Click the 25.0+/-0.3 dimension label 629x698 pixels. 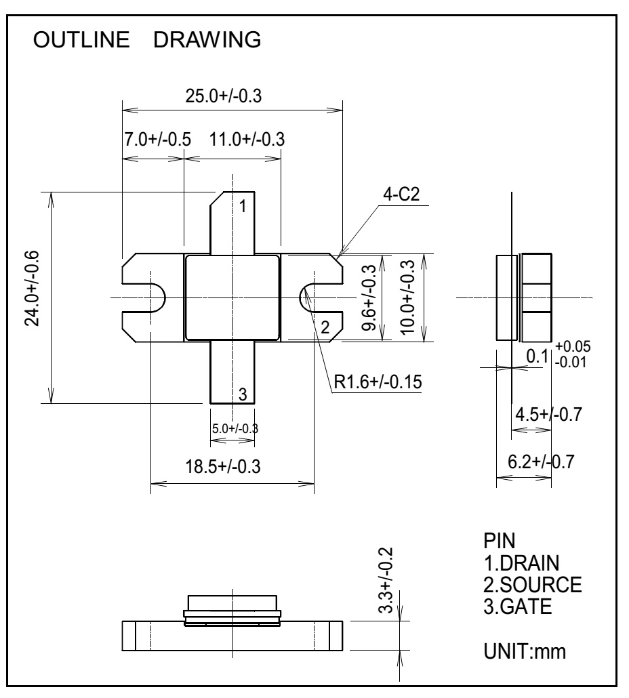(224, 97)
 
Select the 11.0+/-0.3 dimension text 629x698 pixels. (247, 140)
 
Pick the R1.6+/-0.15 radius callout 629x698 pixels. (377, 382)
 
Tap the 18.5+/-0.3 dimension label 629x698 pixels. (224, 467)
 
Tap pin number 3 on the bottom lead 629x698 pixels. (243, 392)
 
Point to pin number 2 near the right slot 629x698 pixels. (325, 329)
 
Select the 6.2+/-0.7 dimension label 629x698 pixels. (541, 463)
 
